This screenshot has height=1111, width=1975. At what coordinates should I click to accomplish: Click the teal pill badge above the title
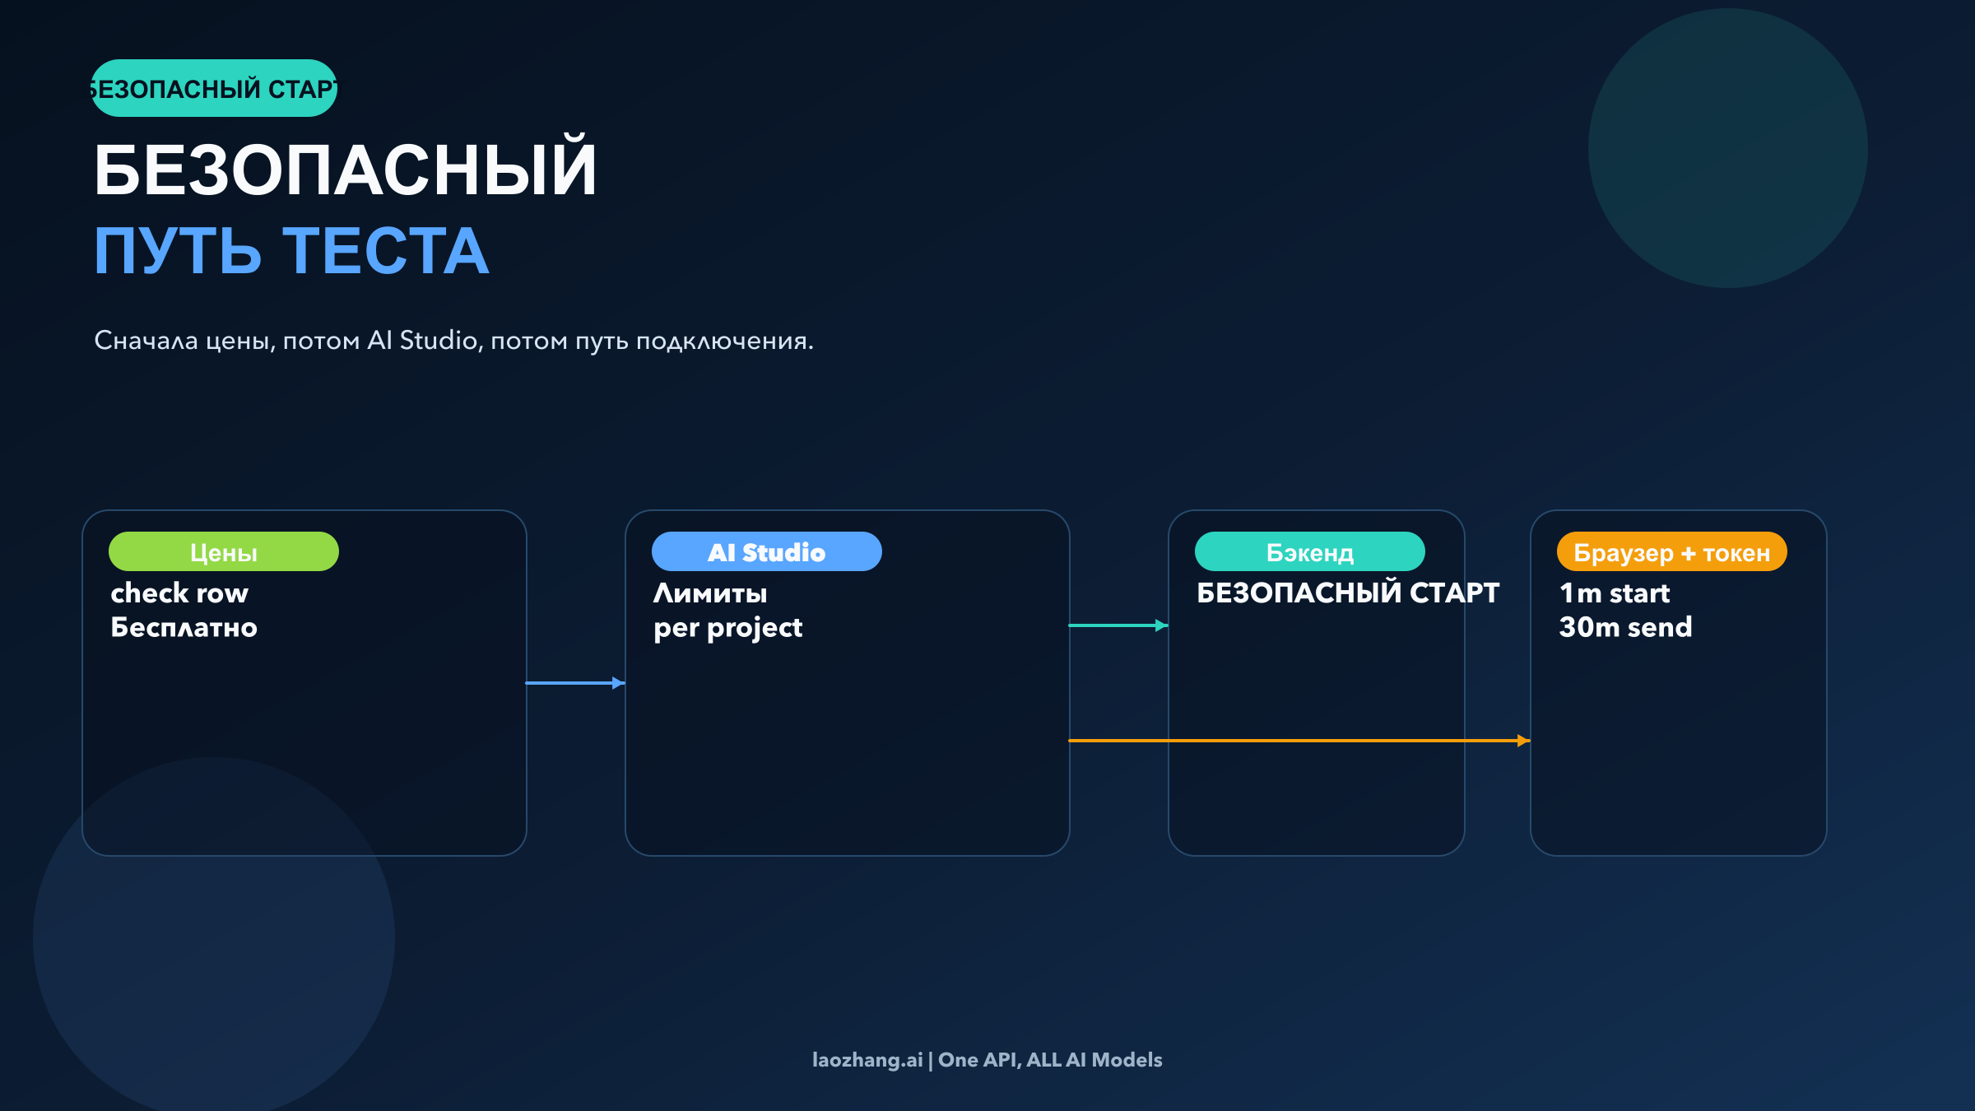point(214,88)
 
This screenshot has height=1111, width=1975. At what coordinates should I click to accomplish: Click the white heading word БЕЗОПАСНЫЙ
point(345,170)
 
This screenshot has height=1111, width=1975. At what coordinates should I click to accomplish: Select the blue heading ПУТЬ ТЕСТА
point(291,251)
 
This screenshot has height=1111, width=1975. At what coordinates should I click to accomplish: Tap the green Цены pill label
point(223,552)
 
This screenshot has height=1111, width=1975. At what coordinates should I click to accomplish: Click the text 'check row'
point(179,593)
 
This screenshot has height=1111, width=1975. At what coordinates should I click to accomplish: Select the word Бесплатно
point(184,628)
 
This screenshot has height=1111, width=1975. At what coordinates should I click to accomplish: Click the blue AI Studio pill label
point(766,552)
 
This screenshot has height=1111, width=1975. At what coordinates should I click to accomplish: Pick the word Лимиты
point(710,593)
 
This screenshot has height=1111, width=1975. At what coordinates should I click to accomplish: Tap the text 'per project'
point(727,628)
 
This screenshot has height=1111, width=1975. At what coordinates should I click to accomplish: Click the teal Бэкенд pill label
point(1309,552)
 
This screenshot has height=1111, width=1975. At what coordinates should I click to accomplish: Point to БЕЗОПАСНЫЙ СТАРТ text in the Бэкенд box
point(1348,593)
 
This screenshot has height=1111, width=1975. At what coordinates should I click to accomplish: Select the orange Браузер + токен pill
point(1671,552)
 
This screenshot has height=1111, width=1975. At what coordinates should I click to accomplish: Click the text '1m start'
point(1615,593)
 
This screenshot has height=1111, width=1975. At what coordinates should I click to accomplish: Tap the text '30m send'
point(1625,628)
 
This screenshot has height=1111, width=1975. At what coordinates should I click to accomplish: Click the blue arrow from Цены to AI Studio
point(575,683)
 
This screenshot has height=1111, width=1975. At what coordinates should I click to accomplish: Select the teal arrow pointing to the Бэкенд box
point(1118,625)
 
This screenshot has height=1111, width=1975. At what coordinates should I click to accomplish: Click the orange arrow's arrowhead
point(1523,741)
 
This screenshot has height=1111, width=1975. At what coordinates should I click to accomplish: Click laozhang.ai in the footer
point(867,1060)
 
